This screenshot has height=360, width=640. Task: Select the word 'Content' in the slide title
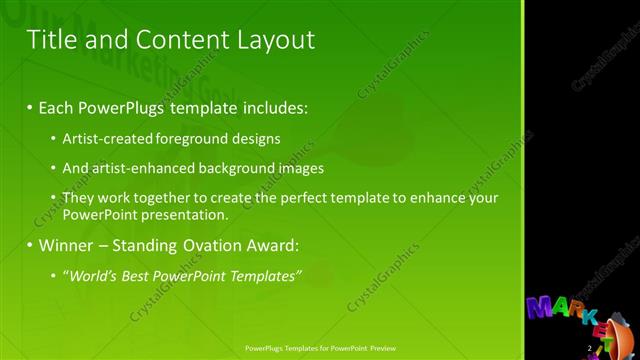tap(179, 40)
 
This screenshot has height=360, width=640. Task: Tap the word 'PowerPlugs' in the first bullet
tap(124, 105)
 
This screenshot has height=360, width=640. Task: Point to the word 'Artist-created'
tap(103, 139)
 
